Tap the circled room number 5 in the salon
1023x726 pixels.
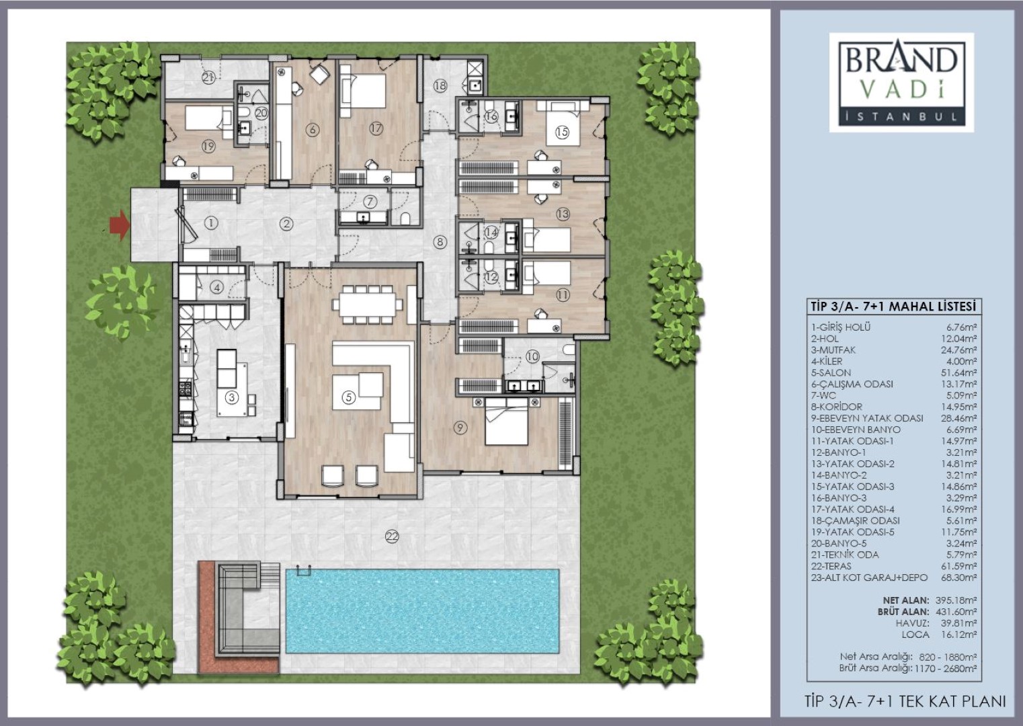click(349, 397)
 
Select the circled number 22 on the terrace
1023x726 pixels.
click(392, 536)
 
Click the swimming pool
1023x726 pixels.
click(423, 611)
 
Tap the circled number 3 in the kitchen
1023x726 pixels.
click(232, 397)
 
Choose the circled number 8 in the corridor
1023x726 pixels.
click(440, 242)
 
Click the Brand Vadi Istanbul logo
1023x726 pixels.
click(901, 82)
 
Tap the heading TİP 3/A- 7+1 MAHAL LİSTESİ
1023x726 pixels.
click(894, 307)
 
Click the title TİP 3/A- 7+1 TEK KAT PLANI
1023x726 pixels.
click(905, 701)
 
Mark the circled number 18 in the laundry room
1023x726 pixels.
click(440, 85)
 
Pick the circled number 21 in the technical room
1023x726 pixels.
click(208, 78)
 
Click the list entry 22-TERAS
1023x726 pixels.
click(831, 566)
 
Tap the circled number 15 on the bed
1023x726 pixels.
click(562, 132)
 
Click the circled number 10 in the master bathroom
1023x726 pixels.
click(532, 356)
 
